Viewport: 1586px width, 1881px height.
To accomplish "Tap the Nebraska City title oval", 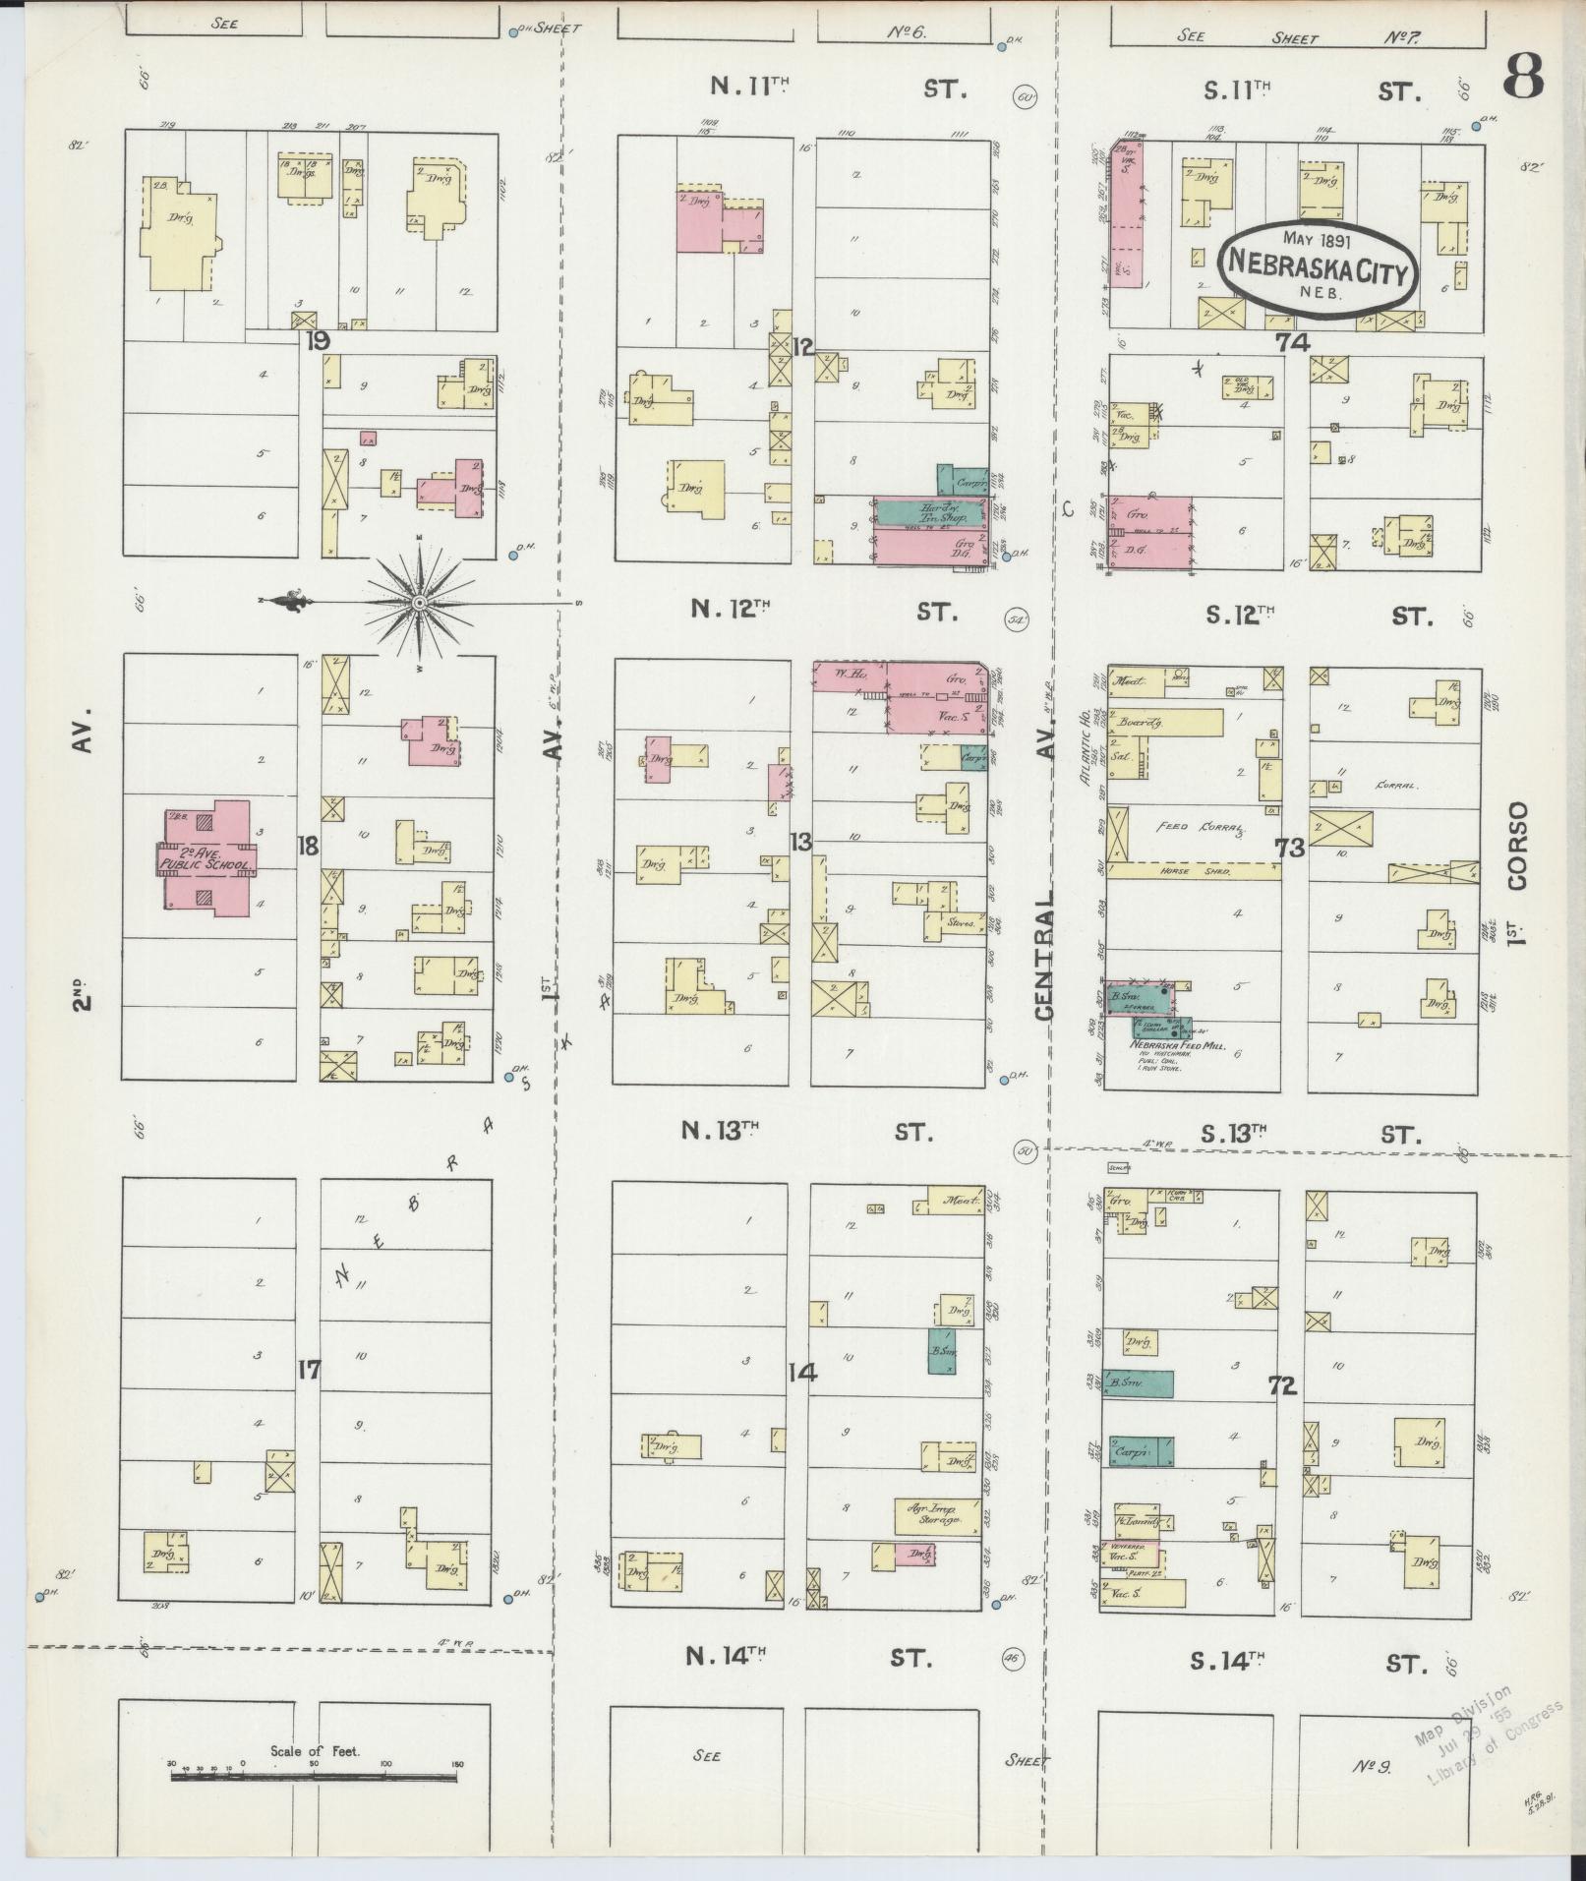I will [x=1318, y=261].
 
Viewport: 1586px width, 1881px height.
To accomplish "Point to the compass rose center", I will [x=419, y=601].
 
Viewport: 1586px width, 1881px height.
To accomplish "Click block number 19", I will [x=317, y=341].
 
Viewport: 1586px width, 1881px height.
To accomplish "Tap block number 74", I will [x=1293, y=342].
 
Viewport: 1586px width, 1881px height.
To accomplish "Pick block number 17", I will [x=309, y=1369].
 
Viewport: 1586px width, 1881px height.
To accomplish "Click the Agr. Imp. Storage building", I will [x=936, y=1515].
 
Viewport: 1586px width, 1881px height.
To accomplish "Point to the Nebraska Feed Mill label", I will [x=1177, y=1047].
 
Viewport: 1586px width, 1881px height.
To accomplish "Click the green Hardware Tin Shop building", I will [x=929, y=512].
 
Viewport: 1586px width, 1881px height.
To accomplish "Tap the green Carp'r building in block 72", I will [x=1141, y=1451].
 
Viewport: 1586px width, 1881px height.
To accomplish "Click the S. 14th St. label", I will [x=1226, y=1661].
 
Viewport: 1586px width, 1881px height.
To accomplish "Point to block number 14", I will [x=803, y=1372].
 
